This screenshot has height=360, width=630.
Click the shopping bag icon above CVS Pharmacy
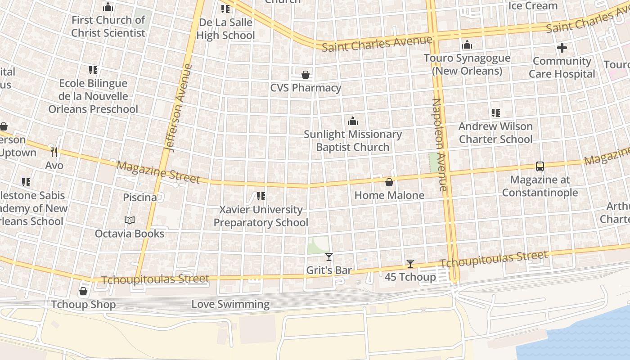(306, 74)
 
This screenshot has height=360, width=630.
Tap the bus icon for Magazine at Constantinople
(540, 166)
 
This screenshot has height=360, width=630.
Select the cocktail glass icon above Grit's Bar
(329, 257)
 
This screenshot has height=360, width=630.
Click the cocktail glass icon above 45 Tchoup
(410, 264)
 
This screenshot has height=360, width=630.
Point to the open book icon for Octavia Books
(130, 220)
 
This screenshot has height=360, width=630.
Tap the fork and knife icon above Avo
(54, 152)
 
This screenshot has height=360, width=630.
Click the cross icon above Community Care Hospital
(562, 47)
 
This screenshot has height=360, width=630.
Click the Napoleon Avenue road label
(439, 144)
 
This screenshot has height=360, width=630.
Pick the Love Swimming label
(230, 304)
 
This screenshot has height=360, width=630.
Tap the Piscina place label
(140, 198)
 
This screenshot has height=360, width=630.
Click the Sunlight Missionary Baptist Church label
(353, 140)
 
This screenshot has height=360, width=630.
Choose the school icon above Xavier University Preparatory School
(261, 196)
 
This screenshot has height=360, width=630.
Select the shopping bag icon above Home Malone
(389, 182)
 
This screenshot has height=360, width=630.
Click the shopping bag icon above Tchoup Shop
(83, 291)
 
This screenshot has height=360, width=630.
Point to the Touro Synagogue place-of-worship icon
(467, 45)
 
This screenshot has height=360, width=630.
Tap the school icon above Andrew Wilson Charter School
(495, 113)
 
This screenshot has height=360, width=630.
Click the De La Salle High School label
(225, 29)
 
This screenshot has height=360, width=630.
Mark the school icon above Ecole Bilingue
(93, 70)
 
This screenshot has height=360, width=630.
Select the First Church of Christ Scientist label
(108, 27)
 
